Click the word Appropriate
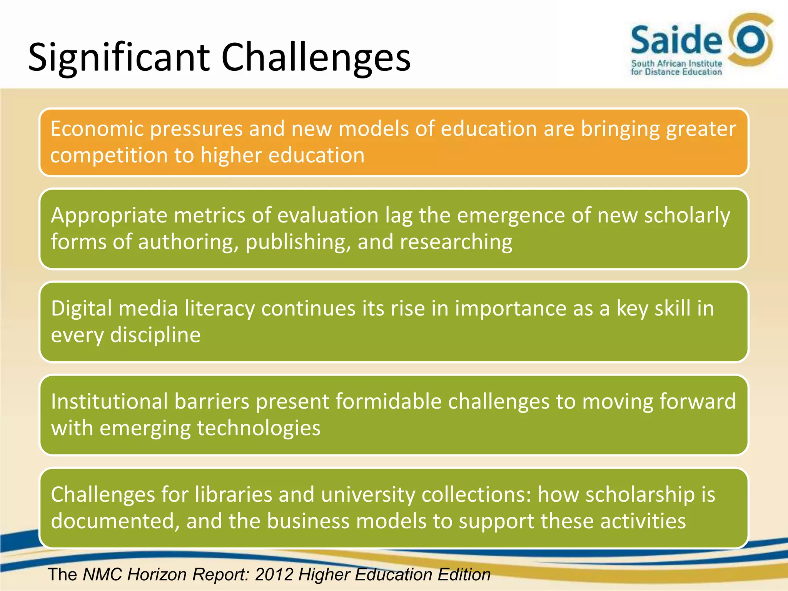point(109,215)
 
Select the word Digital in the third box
point(82,309)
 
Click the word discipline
point(155,335)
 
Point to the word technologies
point(259,428)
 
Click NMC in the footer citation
point(102,574)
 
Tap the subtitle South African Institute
point(676,63)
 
